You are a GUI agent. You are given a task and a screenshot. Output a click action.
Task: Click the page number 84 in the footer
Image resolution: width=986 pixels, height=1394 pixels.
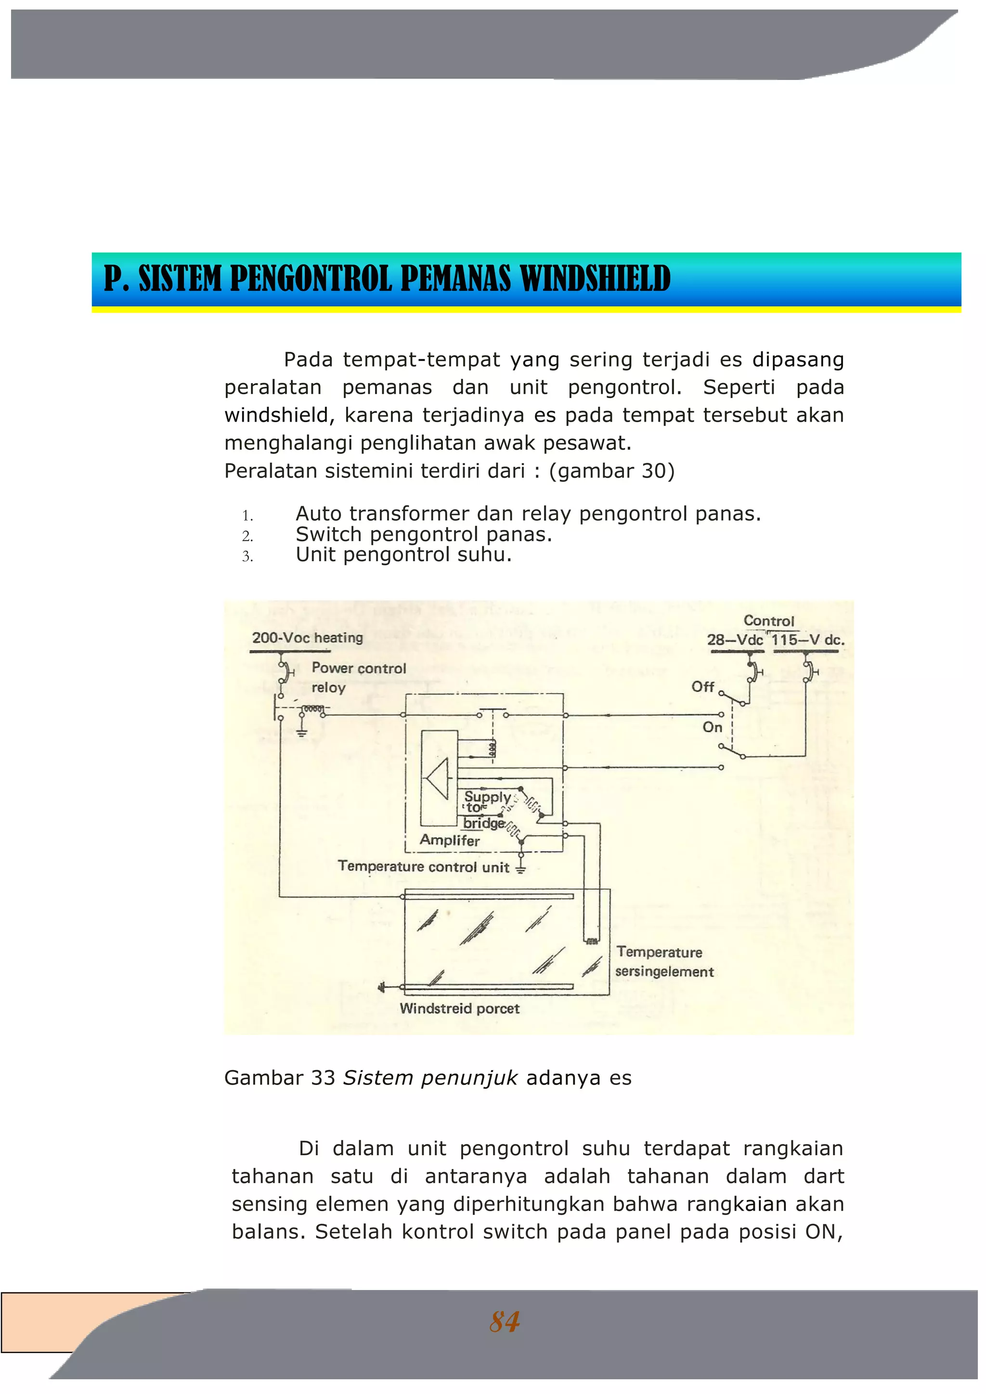(504, 1322)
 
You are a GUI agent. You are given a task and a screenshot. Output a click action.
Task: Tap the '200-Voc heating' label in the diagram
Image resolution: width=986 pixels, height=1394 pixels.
(307, 637)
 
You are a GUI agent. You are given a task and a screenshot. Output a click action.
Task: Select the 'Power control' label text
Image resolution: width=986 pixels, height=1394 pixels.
(358, 668)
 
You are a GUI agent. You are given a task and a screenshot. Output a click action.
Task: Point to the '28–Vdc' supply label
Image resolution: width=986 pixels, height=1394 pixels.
(735, 640)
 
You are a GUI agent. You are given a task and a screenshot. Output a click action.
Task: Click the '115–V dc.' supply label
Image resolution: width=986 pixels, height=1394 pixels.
(807, 640)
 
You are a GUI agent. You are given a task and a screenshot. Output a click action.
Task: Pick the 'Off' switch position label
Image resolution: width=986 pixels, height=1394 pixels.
(702, 687)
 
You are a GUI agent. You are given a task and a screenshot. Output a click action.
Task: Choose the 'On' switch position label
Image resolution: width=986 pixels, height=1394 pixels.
(712, 727)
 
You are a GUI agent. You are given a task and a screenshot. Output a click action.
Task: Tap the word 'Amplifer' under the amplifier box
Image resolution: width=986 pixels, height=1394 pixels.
(449, 840)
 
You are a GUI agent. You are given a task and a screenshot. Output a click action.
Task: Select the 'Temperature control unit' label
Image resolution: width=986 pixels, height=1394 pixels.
(423, 866)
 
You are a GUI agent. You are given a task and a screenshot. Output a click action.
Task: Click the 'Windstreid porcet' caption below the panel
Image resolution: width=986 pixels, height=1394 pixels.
(460, 1008)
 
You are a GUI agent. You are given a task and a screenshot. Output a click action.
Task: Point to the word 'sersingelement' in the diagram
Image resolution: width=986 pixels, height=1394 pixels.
(664, 971)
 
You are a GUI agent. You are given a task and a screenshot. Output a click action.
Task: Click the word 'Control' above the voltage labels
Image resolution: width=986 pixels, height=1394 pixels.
(769, 620)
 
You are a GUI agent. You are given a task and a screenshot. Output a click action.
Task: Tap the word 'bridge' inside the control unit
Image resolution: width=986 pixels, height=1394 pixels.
(484, 823)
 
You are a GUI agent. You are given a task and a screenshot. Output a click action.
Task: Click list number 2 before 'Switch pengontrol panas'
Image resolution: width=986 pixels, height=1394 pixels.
(247, 536)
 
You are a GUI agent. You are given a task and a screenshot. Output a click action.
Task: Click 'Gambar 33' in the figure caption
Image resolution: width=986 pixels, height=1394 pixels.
(279, 1078)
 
